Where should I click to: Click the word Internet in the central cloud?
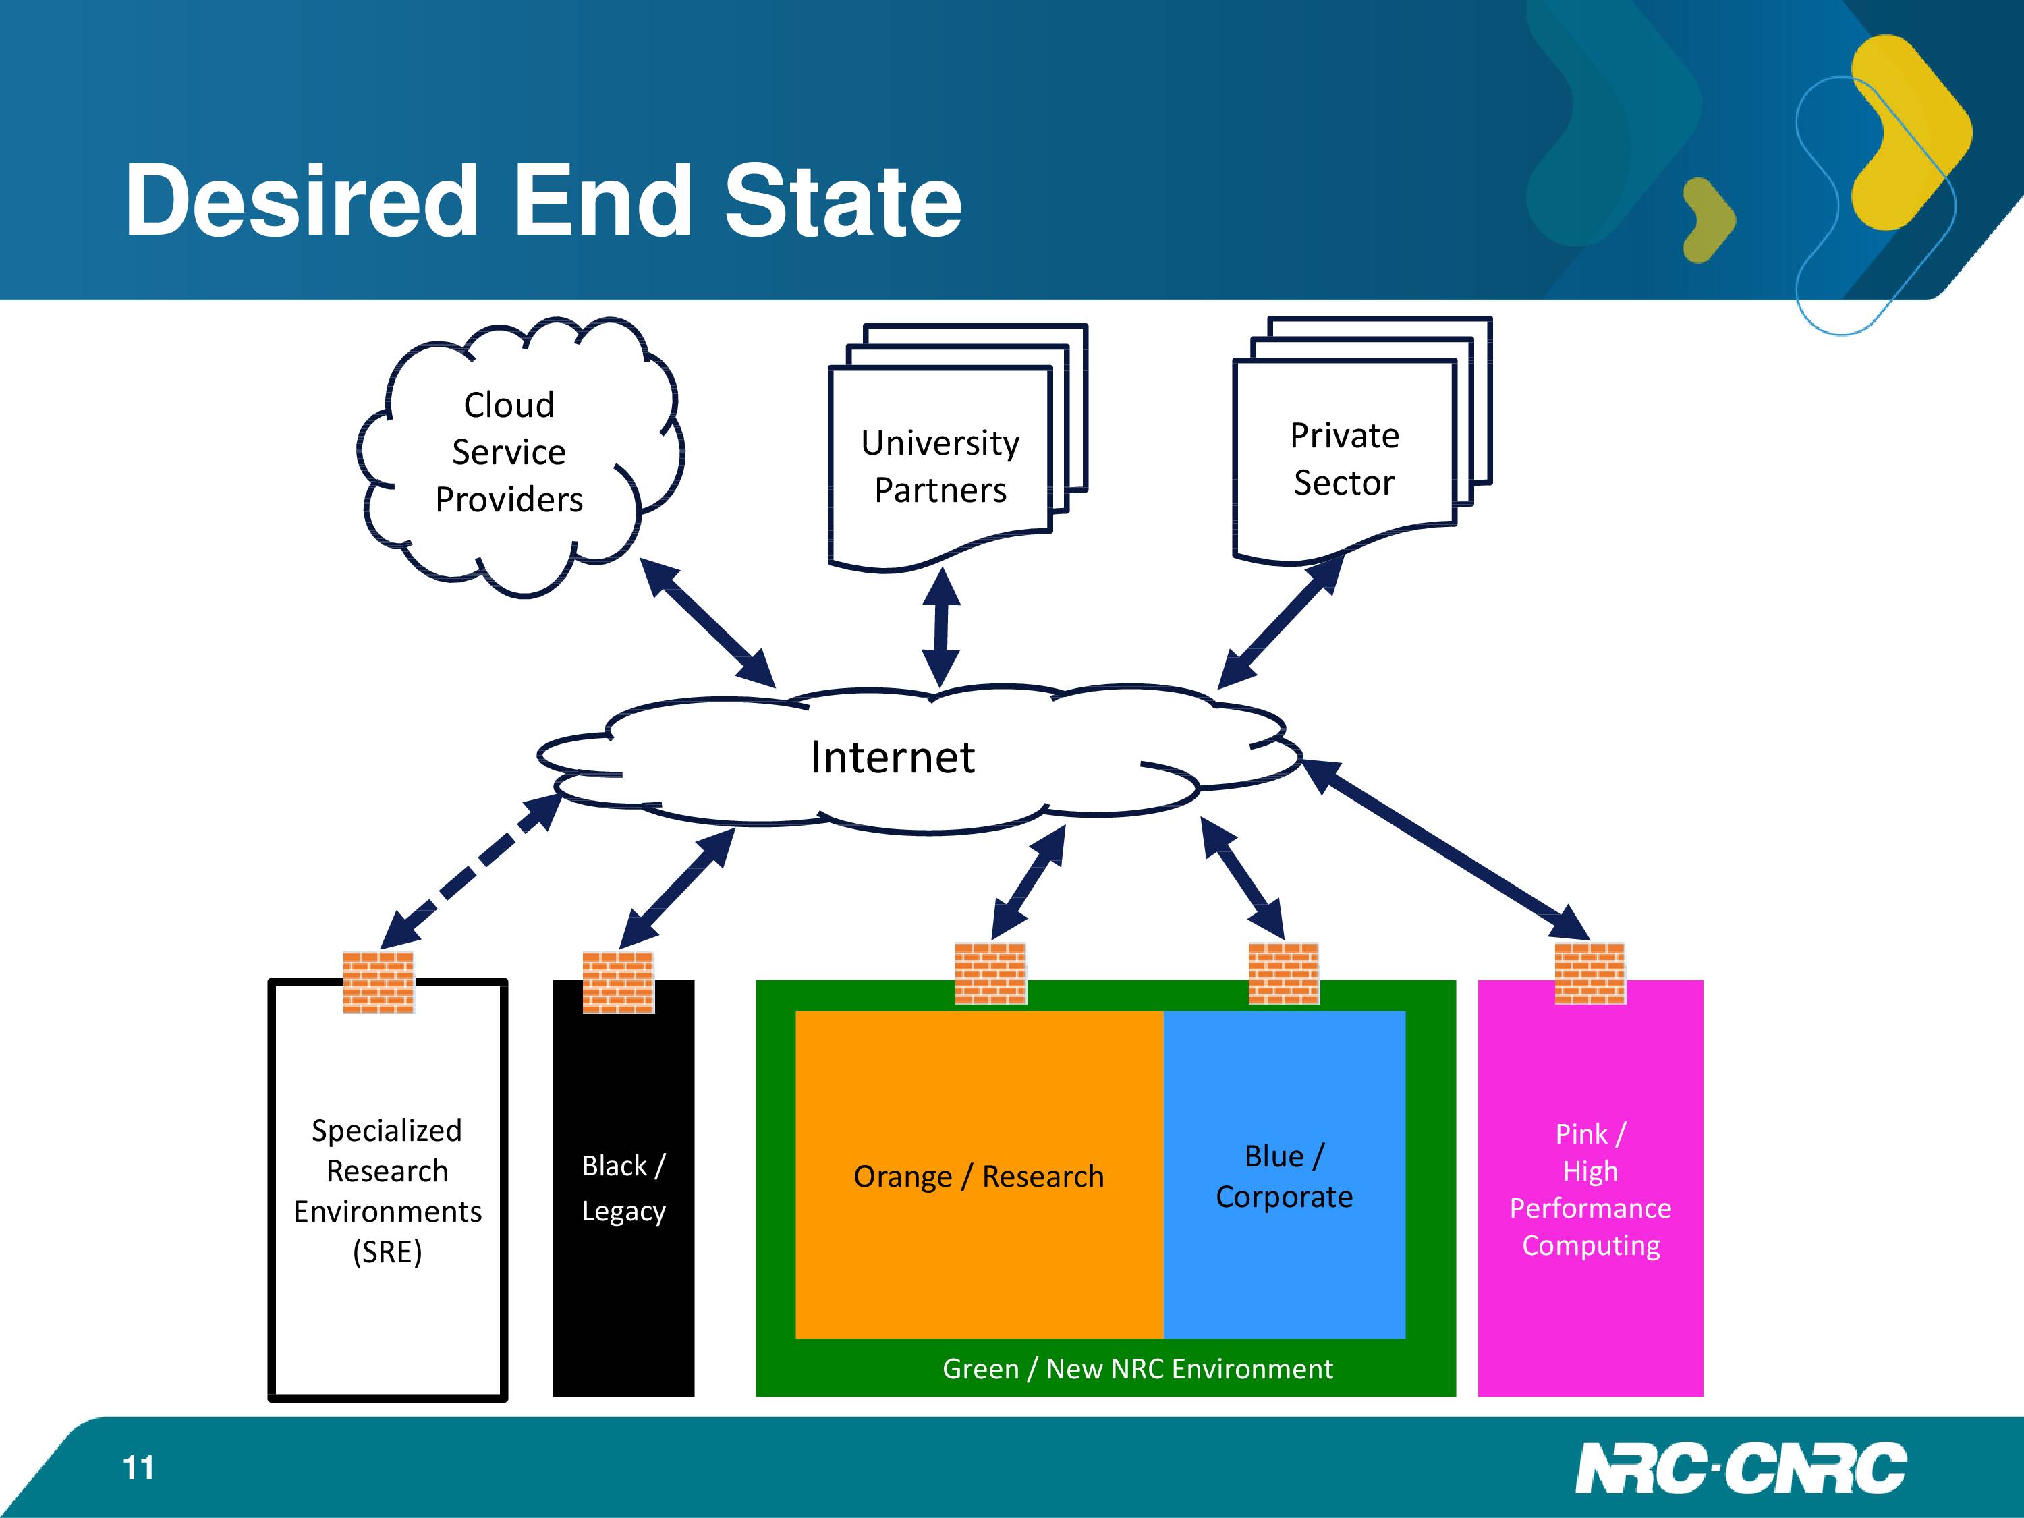pos(892,758)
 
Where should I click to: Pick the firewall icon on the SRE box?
pos(378,982)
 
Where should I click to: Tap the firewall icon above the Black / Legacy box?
pos(619,982)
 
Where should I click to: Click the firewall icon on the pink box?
pos(1590,973)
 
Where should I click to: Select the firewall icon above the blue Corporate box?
pos(1284,973)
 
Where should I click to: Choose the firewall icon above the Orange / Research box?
pos(991,973)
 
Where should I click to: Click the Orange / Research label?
pos(979,1177)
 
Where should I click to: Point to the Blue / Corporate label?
pos(1284,1177)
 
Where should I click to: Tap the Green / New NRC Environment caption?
pos(1137,1369)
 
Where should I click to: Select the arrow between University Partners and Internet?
pos(940,627)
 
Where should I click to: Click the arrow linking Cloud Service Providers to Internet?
pos(707,622)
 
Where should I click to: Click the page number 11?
pos(138,1467)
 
